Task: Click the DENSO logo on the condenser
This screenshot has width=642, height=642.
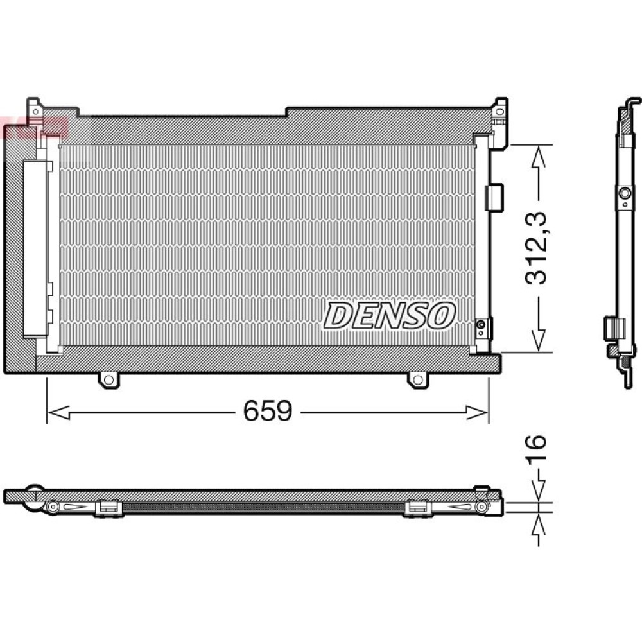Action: pyautogui.click(x=390, y=316)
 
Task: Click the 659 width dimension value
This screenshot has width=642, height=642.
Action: pyautogui.click(x=268, y=411)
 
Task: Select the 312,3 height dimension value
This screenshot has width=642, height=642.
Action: pyautogui.click(x=536, y=248)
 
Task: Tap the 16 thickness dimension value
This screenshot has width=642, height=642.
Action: pyautogui.click(x=536, y=449)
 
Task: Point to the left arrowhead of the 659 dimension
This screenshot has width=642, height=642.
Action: pyautogui.click(x=58, y=413)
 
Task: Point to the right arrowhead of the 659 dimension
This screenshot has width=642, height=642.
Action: pyautogui.click(x=478, y=413)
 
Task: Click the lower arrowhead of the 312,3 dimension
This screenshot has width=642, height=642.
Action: pyautogui.click(x=539, y=340)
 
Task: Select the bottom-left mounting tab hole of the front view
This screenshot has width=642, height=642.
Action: pyautogui.click(x=108, y=379)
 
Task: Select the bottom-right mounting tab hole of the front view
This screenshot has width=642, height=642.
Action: pyautogui.click(x=418, y=379)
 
